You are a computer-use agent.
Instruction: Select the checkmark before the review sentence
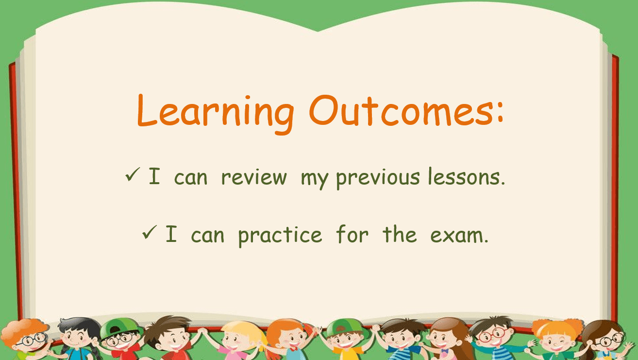coord(133,174)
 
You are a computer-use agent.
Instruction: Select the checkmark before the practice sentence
coord(150,232)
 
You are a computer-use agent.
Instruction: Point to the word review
coord(254,177)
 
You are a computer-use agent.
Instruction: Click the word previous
coord(378,178)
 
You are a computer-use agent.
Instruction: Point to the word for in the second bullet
coord(353,234)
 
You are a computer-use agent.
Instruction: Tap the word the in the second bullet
coord(400,234)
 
